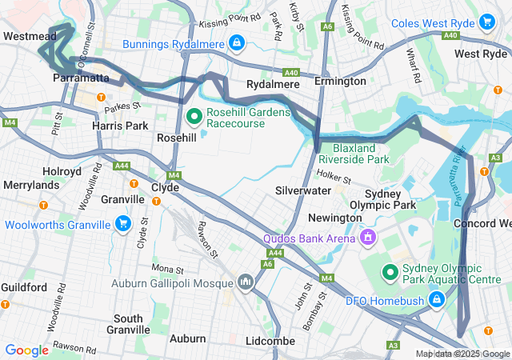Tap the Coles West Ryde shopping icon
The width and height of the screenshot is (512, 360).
pos(486,22)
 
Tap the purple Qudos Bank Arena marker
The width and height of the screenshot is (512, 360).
pos(368,238)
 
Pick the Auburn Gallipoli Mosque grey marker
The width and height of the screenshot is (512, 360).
pos(246,282)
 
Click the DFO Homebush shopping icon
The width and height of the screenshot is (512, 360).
pos(437,300)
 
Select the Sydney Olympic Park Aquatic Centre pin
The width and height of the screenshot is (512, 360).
pos(390,274)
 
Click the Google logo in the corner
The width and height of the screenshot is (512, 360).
pos(26,350)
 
